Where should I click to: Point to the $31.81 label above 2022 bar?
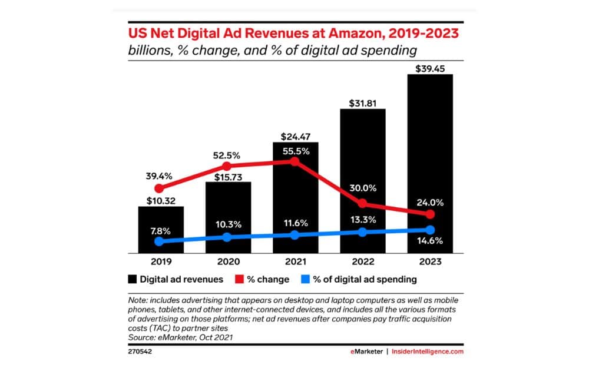pyautogui.click(x=363, y=101)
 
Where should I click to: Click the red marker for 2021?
pyautogui.click(x=296, y=161)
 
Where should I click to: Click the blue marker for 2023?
pyautogui.click(x=430, y=230)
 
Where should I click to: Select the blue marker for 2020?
pyautogui.click(x=228, y=237)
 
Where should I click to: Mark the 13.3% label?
pyautogui.click(x=363, y=220)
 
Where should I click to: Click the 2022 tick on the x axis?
pyautogui.click(x=363, y=261)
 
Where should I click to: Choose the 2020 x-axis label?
pyautogui.click(x=228, y=261)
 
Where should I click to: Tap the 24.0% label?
pyautogui.click(x=430, y=202)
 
